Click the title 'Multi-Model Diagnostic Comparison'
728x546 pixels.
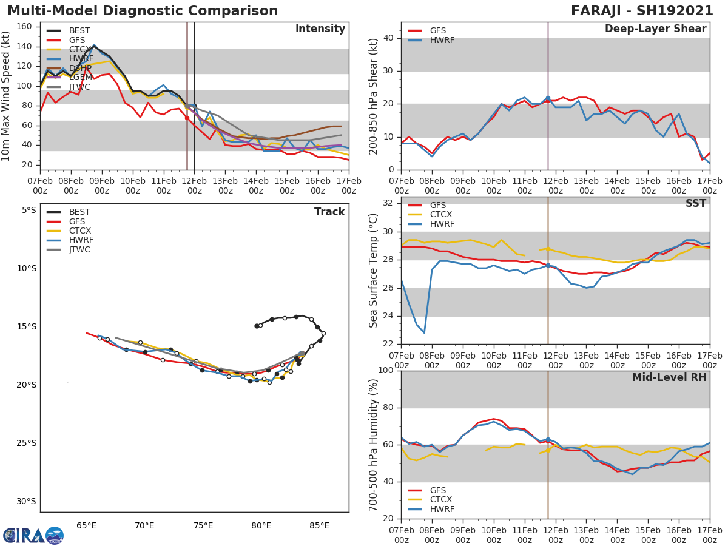pyautogui.click(x=143, y=11)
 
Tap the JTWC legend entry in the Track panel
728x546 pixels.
pyautogui.click(x=79, y=249)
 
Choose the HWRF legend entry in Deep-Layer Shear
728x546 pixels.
pyautogui.click(x=442, y=40)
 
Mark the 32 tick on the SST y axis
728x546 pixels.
pyautogui.click(x=387, y=203)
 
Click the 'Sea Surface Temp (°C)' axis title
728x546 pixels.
pyautogui.click(x=373, y=271)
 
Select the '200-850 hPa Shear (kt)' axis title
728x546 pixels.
pyautogui.click(x=373, y=96)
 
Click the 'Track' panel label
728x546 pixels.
pyautogui.click(x=329, y=212)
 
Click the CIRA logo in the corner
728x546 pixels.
pyautogui.click(x=33, y=535)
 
